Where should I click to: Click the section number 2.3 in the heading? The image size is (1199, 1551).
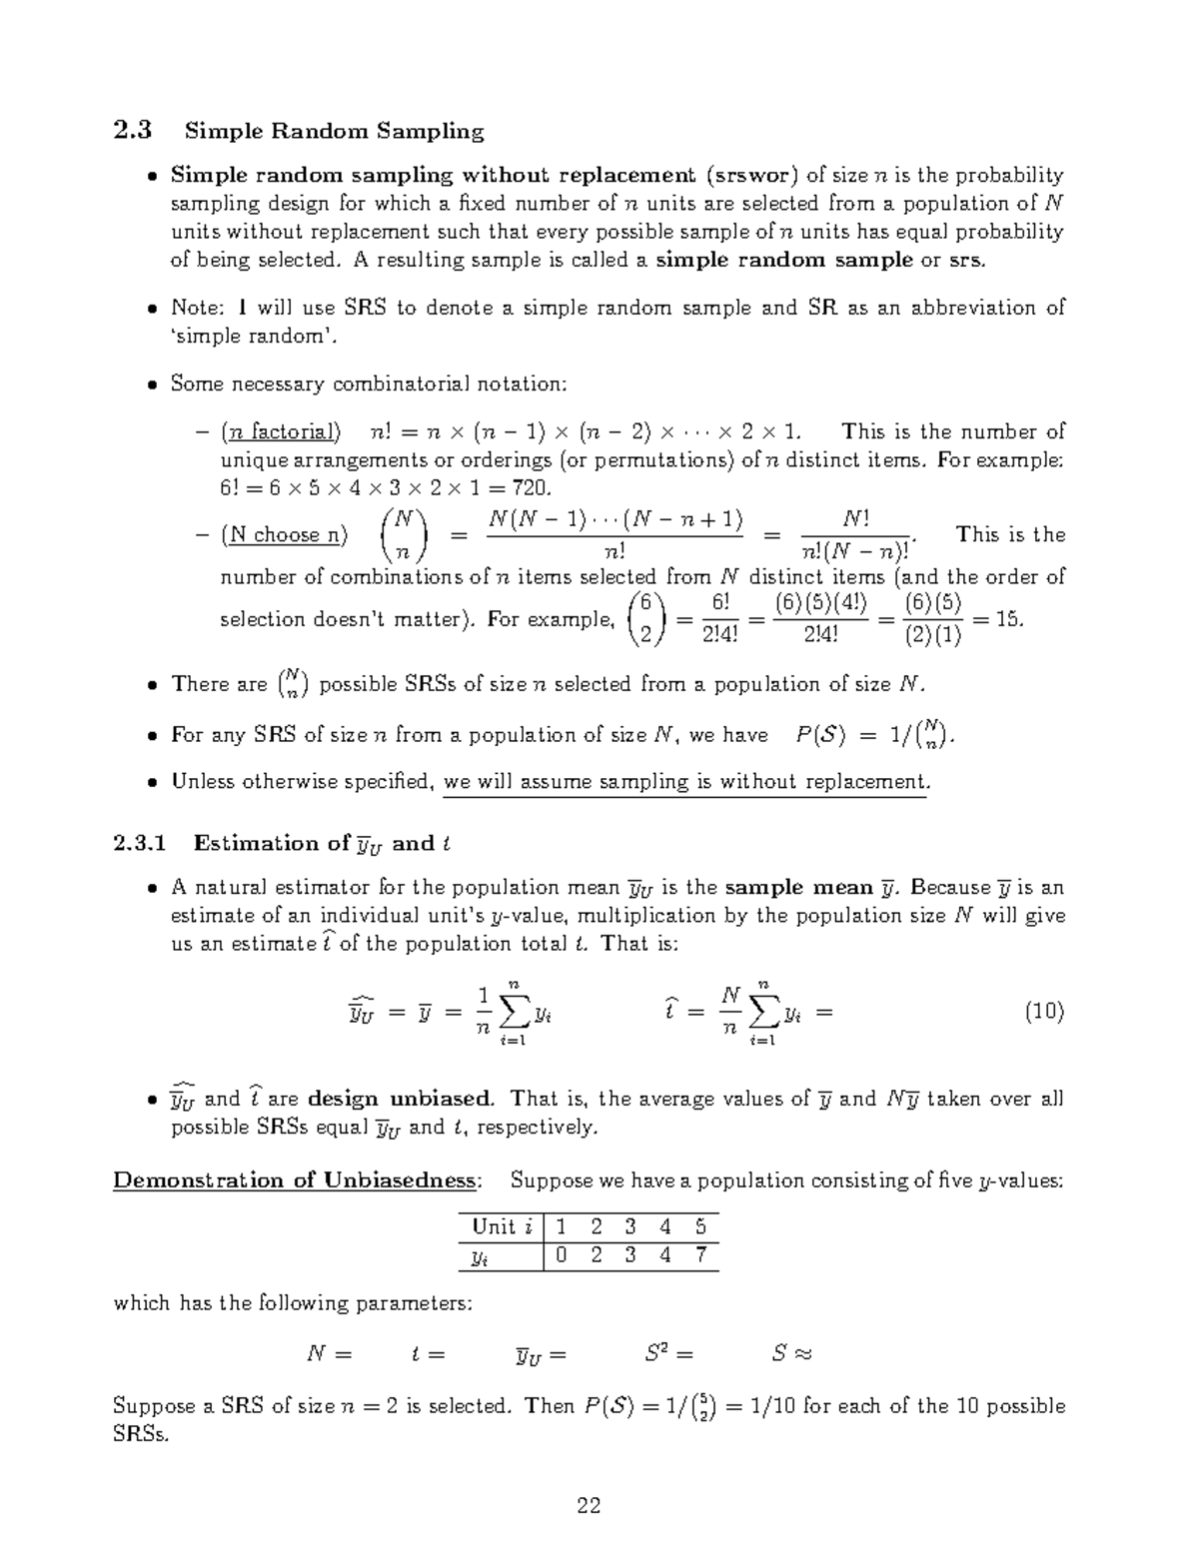point(133,131)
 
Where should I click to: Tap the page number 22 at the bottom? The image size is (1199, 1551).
point(589,1506)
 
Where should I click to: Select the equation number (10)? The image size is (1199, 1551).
point(1044,1013)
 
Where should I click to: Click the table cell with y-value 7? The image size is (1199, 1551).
point(701,1256)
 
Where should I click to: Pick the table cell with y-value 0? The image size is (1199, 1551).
point(562,1256)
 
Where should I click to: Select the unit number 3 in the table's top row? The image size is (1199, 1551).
point(629,1227)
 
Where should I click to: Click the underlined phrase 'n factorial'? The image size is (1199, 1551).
point(281,432)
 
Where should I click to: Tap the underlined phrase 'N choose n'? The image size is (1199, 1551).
point(284,535)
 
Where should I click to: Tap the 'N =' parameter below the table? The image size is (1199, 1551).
point(329,1355)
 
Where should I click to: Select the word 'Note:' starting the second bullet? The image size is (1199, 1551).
point(198,308)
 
